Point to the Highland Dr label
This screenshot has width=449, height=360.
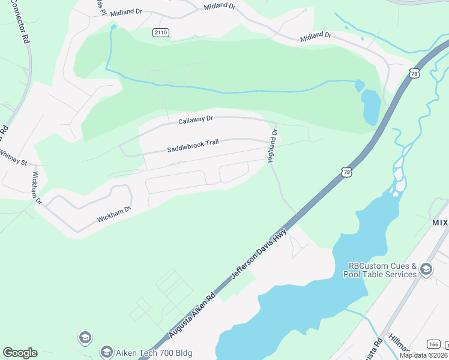coord(273,145)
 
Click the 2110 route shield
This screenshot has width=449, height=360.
coord(161,32)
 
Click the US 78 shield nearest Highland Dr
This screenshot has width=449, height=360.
coord(348,172)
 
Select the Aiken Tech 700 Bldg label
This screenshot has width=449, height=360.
coord(154,352)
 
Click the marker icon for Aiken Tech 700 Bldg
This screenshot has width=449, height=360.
coord(107,352)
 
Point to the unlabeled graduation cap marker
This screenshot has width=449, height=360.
coord(85,337)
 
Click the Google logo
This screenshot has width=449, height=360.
coord(20,353)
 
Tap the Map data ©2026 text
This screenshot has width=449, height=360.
coord(423,355)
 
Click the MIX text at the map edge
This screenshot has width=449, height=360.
coord(440,222)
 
